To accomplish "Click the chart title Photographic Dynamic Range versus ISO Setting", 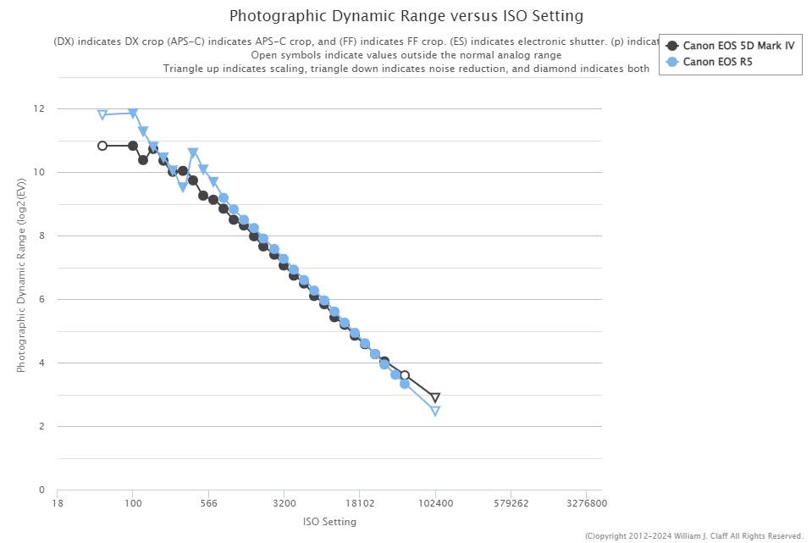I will (x=406, y=16).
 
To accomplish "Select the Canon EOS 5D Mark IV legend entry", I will (x=738, y=46).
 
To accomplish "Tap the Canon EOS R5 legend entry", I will (x=717, y=61).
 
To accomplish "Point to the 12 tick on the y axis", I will (x=39, y=109).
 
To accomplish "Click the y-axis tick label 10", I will (x=39, y=173).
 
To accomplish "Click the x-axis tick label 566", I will (x=208, y=502).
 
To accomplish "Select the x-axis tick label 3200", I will (x=284, y=502).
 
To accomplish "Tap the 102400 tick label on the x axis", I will (x=435, y=502).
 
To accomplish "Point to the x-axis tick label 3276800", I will (x=587, y=502).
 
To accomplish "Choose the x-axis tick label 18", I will (x=57, y=502).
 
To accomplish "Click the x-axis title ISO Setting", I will (x=329, y=522).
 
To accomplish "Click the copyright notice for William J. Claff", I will (x=693, y=535).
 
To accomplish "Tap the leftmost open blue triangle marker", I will (x=102, y=115).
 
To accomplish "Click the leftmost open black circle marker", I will (x=102, y=146).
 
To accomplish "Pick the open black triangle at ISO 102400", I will (x=435, y=397).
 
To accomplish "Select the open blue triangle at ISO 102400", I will (x=435, y=411).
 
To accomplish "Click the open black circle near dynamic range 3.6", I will (x=405, y=375).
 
